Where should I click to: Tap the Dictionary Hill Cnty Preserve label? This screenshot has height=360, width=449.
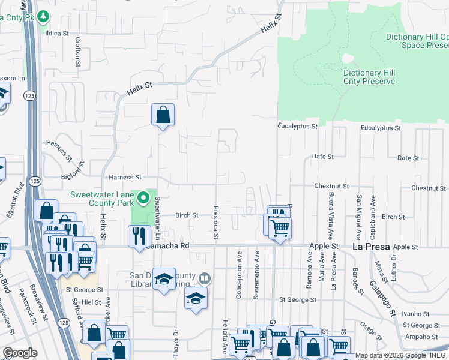coord(369,77)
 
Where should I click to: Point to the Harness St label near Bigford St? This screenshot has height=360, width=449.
coord(125,178)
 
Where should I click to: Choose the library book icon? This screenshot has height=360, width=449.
coord(205,278)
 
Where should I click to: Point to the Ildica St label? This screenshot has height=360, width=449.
coord(58,34)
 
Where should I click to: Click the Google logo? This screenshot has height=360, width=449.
coord(20,352)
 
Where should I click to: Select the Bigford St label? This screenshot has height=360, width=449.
coord(74,178)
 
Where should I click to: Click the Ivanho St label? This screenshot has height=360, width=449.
coord(413,314)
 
